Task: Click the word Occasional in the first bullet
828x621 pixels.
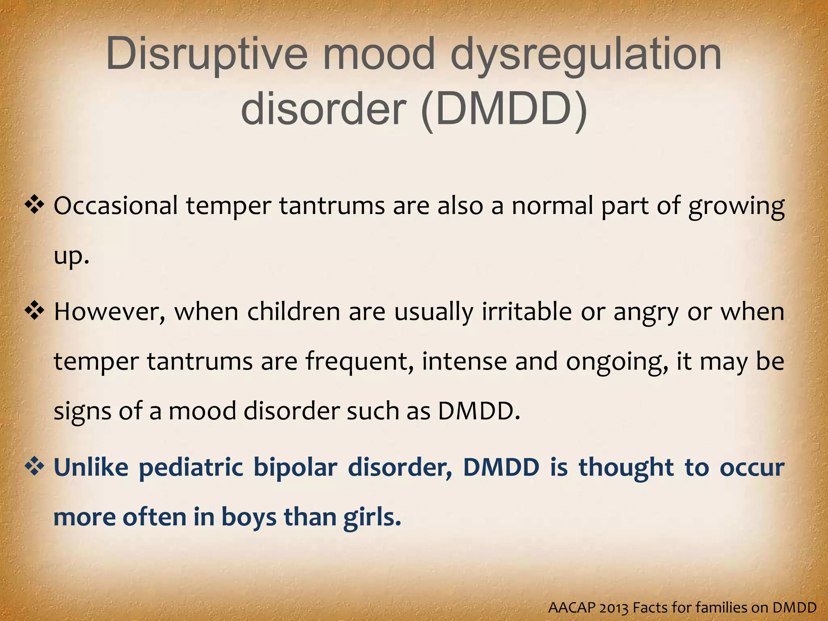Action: coord(116,206)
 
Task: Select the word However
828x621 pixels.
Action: coord(110,312)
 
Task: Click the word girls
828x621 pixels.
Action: coord(372,518)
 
